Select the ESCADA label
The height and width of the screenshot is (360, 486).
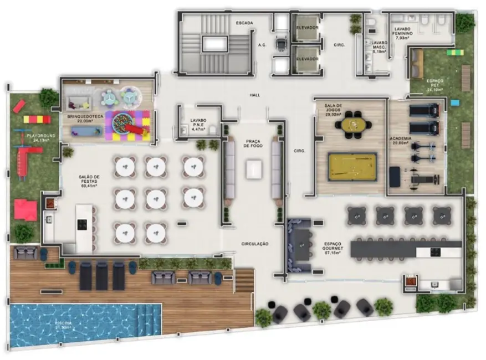(244, 23)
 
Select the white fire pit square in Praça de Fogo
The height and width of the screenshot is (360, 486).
(254, 168)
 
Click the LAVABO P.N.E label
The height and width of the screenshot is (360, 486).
(198, 123)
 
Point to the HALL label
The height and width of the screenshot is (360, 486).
(255, 95)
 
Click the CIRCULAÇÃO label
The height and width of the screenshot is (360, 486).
(255, 244)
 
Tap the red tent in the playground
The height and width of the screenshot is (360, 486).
(25, 209)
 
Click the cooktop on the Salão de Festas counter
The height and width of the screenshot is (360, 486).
(83, 225)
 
